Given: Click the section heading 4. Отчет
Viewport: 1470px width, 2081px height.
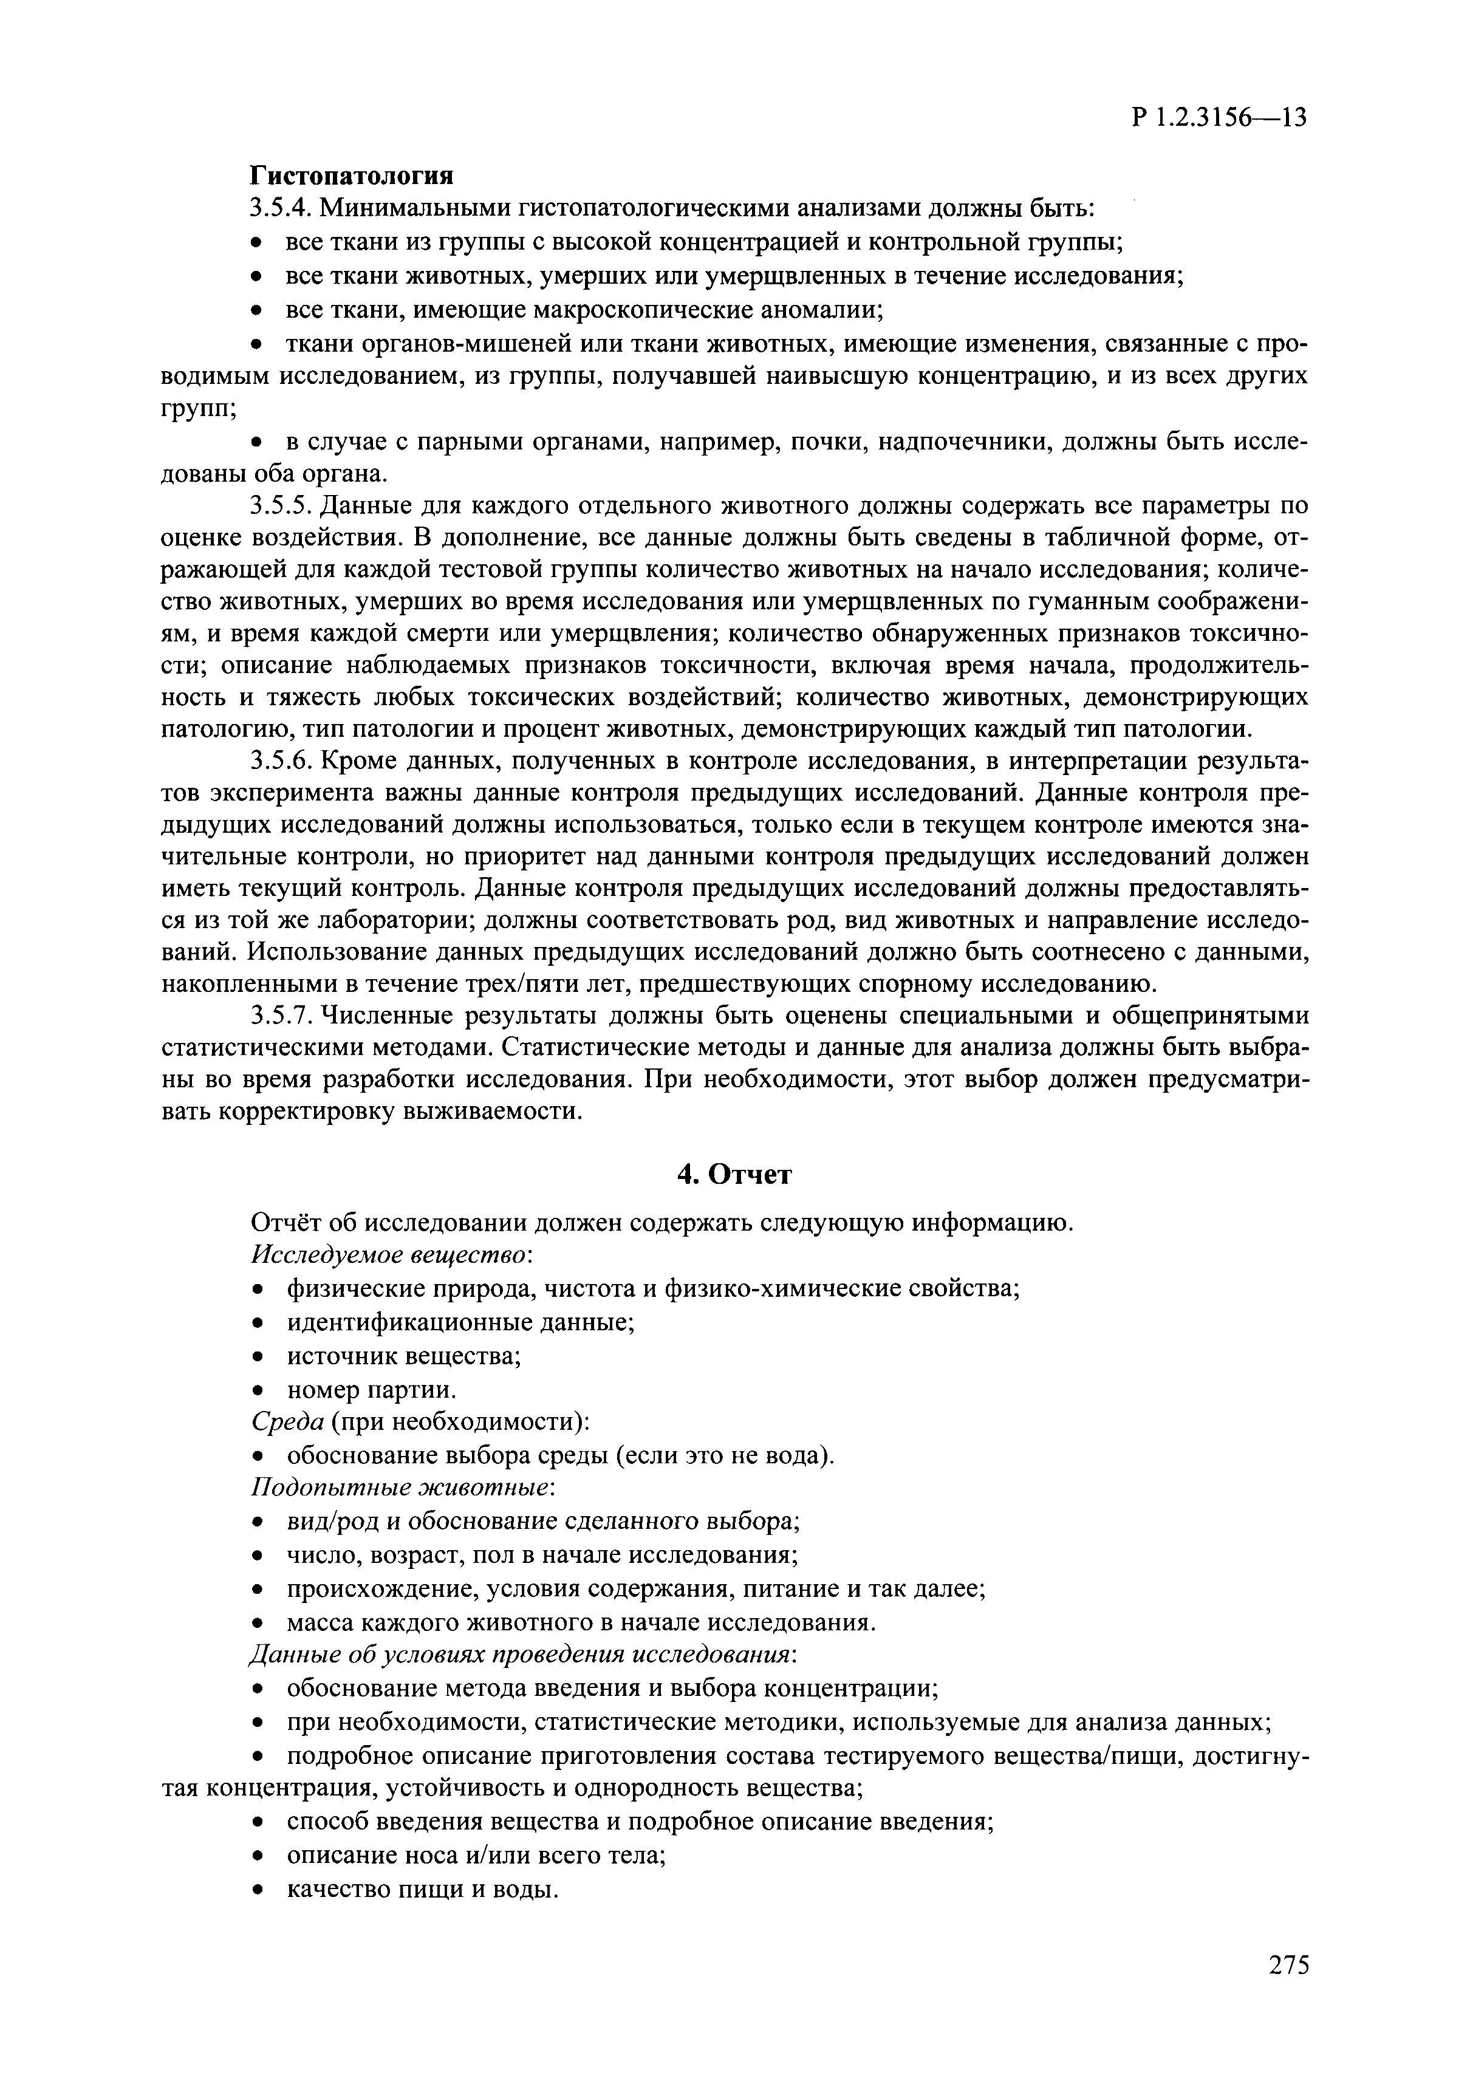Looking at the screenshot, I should (735, 1175).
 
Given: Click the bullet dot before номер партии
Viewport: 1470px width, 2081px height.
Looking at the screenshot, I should (258, 1390).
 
